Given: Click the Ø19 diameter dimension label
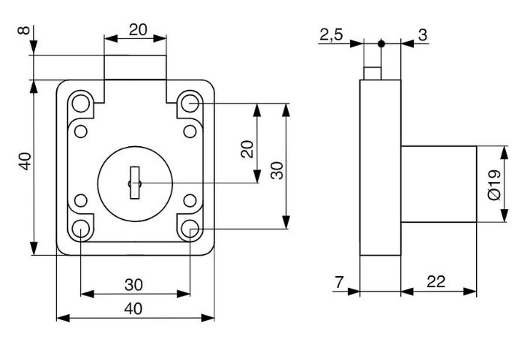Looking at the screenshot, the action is click(494, 184).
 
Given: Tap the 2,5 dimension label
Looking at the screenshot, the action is click(331, 34).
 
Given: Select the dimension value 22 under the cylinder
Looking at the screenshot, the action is click(436, 282).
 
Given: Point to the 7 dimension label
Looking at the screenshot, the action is click(340, 282).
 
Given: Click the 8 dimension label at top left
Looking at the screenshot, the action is click(24, 31).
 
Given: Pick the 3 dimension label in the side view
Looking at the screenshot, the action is click(423, 34).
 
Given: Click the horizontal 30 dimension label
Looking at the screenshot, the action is click(133, 285).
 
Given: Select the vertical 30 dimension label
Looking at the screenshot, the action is click(277, 170).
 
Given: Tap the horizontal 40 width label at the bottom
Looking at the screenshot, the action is click(133, 309).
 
